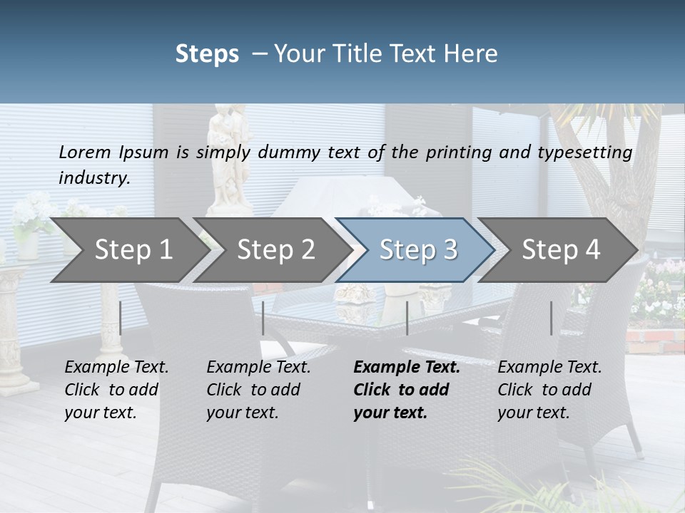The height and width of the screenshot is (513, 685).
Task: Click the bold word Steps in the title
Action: (207, 54)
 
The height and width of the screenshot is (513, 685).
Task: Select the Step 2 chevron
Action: (275, 249)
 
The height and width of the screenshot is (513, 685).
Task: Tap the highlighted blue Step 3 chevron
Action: (418, 249)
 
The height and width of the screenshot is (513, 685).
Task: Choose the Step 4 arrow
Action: (561, 249)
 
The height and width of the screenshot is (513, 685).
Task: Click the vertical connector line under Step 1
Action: (120, 318)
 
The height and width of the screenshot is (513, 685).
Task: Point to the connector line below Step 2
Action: (263, 318)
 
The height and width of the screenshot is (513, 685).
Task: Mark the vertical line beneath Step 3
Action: (407, 318)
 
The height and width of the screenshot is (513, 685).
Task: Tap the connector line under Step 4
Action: (551, 318)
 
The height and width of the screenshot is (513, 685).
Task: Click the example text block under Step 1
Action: (116, 390)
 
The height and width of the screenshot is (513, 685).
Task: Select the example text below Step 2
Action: (258, 390)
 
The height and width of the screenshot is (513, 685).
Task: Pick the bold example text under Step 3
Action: (407, 390)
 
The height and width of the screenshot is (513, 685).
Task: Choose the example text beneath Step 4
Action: (549, 390)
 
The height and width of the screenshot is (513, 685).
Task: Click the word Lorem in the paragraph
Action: (85, 152)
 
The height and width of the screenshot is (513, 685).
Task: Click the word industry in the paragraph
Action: (93, 178)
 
